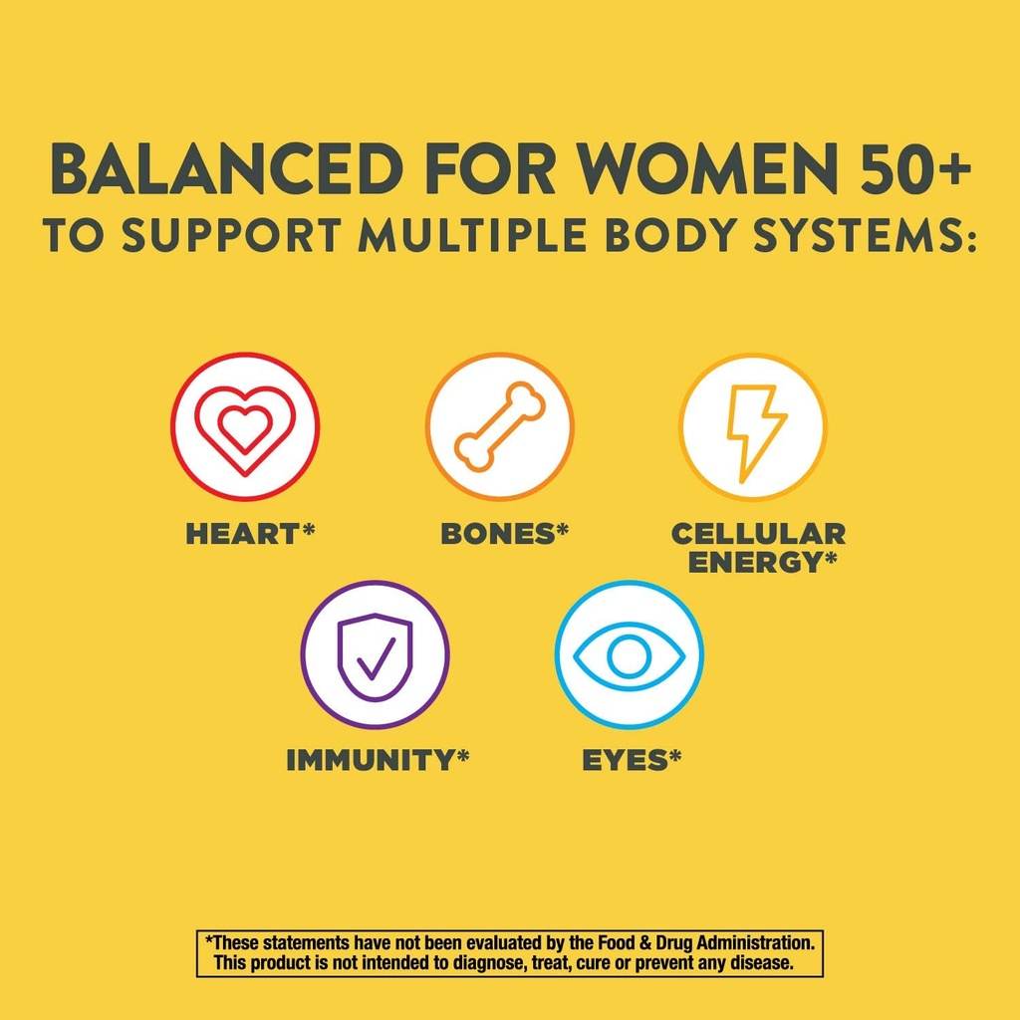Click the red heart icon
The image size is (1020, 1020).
pos(245,426)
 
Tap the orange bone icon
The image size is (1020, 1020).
pos(500,426)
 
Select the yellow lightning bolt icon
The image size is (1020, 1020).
pos(754,426)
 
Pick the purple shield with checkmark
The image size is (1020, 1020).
pos(375,654)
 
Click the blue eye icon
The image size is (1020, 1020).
pos(630,654)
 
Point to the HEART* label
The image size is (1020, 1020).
pos(250,534)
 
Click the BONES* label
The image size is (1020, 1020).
pos(504,534)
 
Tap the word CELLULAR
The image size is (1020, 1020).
pos(758,534)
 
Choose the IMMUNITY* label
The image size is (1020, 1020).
pos(378,761)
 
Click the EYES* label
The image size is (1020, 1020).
pos(632,761)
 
